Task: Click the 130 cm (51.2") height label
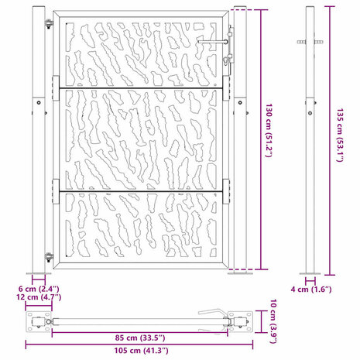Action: tap(269, 130)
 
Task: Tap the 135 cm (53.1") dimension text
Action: tap(340, 135)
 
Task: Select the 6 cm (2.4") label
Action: tap(39, 289)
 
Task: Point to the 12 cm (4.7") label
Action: tap(39, 297)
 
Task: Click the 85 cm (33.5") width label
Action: tap(140, 338)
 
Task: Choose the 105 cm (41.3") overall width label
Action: tap(142, 351)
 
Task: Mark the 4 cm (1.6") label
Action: tap(311, 290)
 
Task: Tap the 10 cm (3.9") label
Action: tap(273, 321)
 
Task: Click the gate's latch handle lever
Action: tap(213, 42)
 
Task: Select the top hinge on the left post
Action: tap(49, 24)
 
